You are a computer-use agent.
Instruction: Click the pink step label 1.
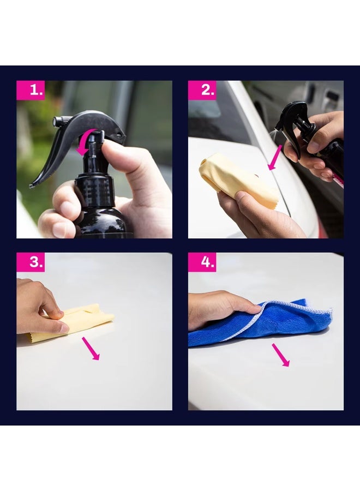[31, 90]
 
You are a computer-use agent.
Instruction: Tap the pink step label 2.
[202, 90]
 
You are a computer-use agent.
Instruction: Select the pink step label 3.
[31, 262]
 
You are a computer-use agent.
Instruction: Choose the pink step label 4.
[202, 262]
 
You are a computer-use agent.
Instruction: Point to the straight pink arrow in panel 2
[276, 158]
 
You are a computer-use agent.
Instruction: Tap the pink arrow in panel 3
[91, 348]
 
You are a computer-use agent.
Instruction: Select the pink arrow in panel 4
[281, 355]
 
